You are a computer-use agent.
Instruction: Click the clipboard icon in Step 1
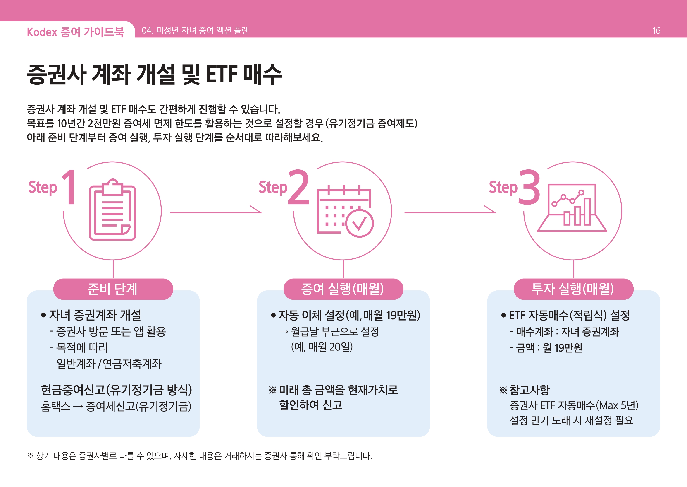[x=112, y=209]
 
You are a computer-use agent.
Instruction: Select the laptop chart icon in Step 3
[x=572, y=208]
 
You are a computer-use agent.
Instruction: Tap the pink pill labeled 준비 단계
[x=113, y=289]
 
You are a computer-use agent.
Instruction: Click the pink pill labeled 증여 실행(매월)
[x=343, y=289]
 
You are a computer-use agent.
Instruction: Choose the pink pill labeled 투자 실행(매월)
[x=573, y=289]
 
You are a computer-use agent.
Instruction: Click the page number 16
[x=656, y=31]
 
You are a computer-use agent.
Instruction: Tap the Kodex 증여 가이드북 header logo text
[x=76, y=32]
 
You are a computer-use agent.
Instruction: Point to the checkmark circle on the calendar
[x=359, y=223]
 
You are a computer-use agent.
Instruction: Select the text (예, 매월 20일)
[x=322, y=347]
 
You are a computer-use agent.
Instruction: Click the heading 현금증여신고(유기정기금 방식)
[x=116, y=390]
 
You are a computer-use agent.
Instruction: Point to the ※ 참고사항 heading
[x=524, y=390]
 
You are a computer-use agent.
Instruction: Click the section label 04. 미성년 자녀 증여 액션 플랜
[x=195, y=30]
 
